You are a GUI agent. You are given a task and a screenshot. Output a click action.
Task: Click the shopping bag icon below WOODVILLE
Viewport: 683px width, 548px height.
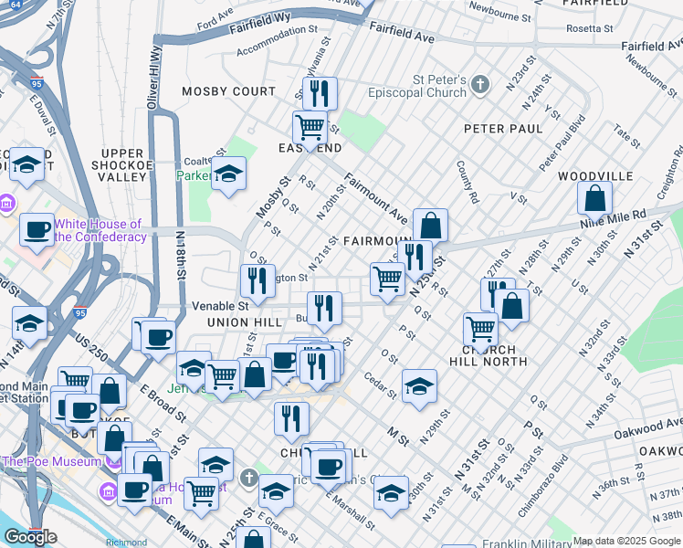594,198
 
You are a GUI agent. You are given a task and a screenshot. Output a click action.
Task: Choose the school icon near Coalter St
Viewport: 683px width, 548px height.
228,173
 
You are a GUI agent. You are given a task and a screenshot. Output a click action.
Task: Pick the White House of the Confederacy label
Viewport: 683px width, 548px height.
99,230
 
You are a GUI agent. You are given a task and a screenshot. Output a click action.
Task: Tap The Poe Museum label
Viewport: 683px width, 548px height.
50,461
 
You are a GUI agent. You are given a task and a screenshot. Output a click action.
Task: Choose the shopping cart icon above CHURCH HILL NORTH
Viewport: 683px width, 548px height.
480,329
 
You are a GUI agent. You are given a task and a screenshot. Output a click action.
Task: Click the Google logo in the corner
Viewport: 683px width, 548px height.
31,537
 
